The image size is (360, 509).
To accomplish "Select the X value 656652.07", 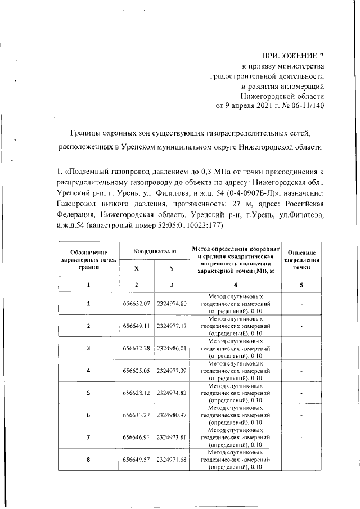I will coord(137,304).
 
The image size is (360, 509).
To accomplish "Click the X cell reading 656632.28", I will coord(137,349).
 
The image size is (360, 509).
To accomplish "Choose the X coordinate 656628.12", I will coord(137,393).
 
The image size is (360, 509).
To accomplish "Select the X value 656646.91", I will coord(137,437).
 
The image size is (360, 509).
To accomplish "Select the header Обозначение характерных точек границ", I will coord(88,260).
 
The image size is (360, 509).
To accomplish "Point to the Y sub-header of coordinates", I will coord(171,268).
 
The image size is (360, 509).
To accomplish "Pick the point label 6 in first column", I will coord(88,415).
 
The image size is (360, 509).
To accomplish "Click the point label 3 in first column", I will coord(88,349).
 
